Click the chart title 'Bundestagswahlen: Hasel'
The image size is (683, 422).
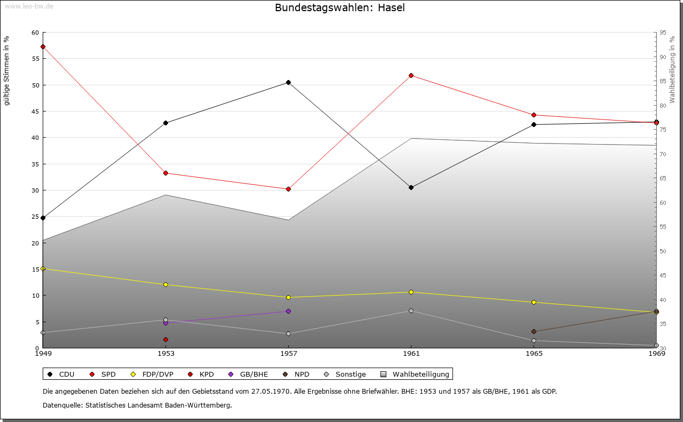pyautogui.click(x=340, y=7)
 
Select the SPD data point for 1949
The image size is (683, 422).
pyautogui.click(x=43, y=46)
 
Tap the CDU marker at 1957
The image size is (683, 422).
pyautogui.click(x=288, y=82)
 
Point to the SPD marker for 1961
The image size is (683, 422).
pyautogui.click(x=411, y=75)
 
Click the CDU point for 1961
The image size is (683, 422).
pyautogui.click(x=411, y=187)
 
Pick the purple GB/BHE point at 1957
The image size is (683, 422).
pyautogui.click(x=288, y=312)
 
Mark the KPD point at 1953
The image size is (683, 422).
pyautogui.click(x=165, y=339)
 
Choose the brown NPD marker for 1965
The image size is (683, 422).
pyautogui.click(x=534, y=331)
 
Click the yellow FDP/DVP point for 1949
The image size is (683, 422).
pyautogui.click(x=43, y=269)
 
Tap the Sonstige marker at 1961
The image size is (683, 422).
pyautogui.click(x=411, y=310)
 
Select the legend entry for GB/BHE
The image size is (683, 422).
pyautogui.click(x=248, y=374)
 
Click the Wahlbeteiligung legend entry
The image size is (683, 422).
pyautogui.click(x=415, y=374)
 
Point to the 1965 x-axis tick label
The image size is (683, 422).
pyautogui.click(x=534, y=353)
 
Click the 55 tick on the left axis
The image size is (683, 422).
pyautogui.click(x=36, y=59)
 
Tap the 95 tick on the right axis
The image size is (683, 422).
pyautogui.click(x=663, y=33)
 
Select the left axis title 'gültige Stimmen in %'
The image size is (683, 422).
pyautogui.click(x=6, y=71)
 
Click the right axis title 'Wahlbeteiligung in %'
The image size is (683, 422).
pyautogui.click(x=672, y=70)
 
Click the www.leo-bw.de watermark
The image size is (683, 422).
pyautogui.click(x=29, y=6)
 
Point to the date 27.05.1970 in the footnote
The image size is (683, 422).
pyautogui.click(x=271, y=391)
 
